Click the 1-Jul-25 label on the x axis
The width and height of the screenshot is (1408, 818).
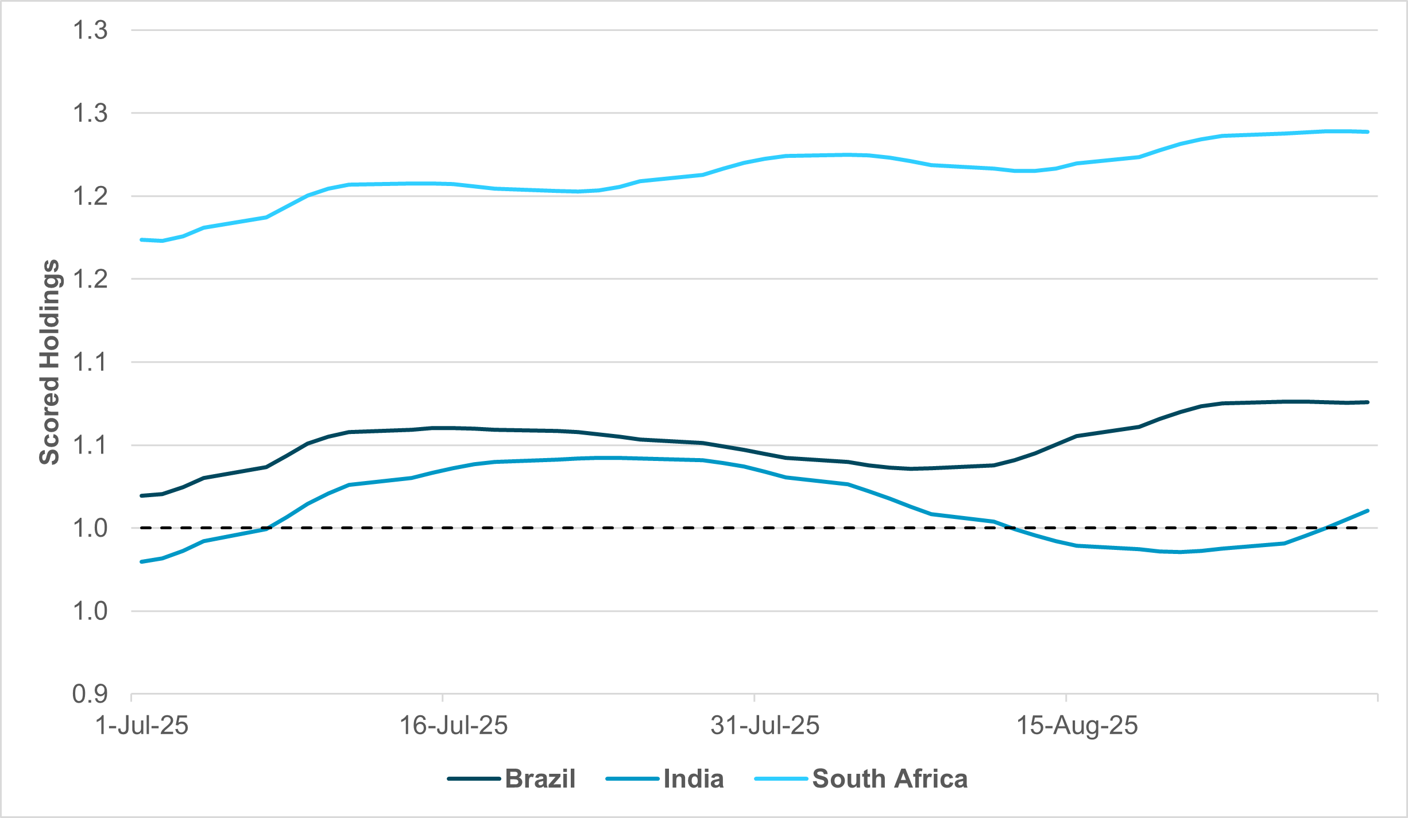click(142, 726)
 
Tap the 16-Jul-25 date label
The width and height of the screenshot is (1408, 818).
click(453, 726)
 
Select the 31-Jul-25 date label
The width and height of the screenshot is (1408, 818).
click(764, 726)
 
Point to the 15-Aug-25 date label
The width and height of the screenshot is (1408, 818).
click(1077, 726)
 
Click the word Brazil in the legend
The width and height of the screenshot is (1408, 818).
click(540, 779)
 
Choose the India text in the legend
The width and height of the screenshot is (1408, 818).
click(693, 779)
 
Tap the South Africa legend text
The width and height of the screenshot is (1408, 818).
click(889, 779)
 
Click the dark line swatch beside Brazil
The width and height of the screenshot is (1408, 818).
click(473, 779)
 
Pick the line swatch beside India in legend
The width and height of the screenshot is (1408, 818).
click(632, 779)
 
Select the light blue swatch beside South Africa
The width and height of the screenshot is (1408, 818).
click(780, 779)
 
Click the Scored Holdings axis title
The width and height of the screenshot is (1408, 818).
click(49, 362)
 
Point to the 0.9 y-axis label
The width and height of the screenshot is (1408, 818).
click(90, 694)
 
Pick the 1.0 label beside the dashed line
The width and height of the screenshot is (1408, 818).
click(90, 528)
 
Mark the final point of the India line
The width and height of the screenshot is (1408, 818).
click(1368, 510)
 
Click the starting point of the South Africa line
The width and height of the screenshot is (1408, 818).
click(142, 239)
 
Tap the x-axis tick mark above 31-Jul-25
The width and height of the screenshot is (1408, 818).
click(754, 698)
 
